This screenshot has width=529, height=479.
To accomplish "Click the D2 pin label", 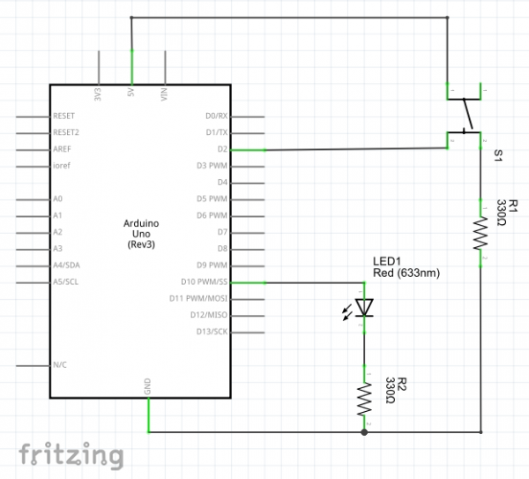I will click(221, 149).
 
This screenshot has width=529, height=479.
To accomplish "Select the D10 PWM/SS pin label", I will click(203, 282).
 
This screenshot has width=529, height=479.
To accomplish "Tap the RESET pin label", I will click(65, 116).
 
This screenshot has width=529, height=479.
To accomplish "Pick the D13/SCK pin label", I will click(209, 333).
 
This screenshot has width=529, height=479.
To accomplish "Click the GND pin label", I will click(147, 386).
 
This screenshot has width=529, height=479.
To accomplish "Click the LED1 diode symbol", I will click(364, 307).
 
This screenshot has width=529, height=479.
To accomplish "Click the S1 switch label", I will click(498, 154).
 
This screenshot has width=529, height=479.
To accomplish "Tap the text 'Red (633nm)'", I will click(406, 273).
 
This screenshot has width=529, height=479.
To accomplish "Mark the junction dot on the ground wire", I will click(364, 432).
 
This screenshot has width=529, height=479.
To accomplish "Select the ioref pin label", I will click(62, 165).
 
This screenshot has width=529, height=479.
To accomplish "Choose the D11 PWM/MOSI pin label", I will click(199, 299).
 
